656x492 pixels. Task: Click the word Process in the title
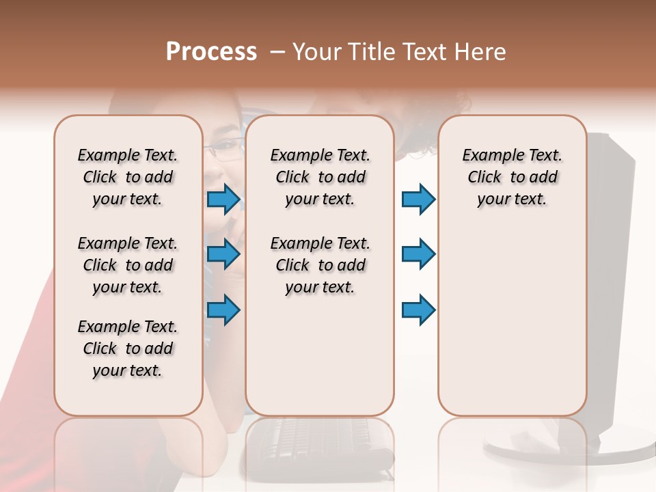[211, 51]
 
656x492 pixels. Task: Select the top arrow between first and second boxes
[223, 200]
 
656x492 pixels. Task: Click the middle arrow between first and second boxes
[223, 254]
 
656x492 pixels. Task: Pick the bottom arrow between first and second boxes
[223, 310]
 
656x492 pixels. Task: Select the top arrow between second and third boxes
[418, 200]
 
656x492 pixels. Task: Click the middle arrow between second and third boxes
[418, 254]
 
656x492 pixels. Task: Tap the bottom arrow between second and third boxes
[418, 310]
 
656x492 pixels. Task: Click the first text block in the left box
[128, 177]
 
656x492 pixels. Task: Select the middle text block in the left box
[128, 265]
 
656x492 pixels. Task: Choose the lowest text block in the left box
[128, 348]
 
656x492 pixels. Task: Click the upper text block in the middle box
[320, 177]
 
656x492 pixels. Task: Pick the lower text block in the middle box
[320, 265]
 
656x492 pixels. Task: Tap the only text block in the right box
[512, 177]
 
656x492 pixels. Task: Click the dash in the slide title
[277, 52]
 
